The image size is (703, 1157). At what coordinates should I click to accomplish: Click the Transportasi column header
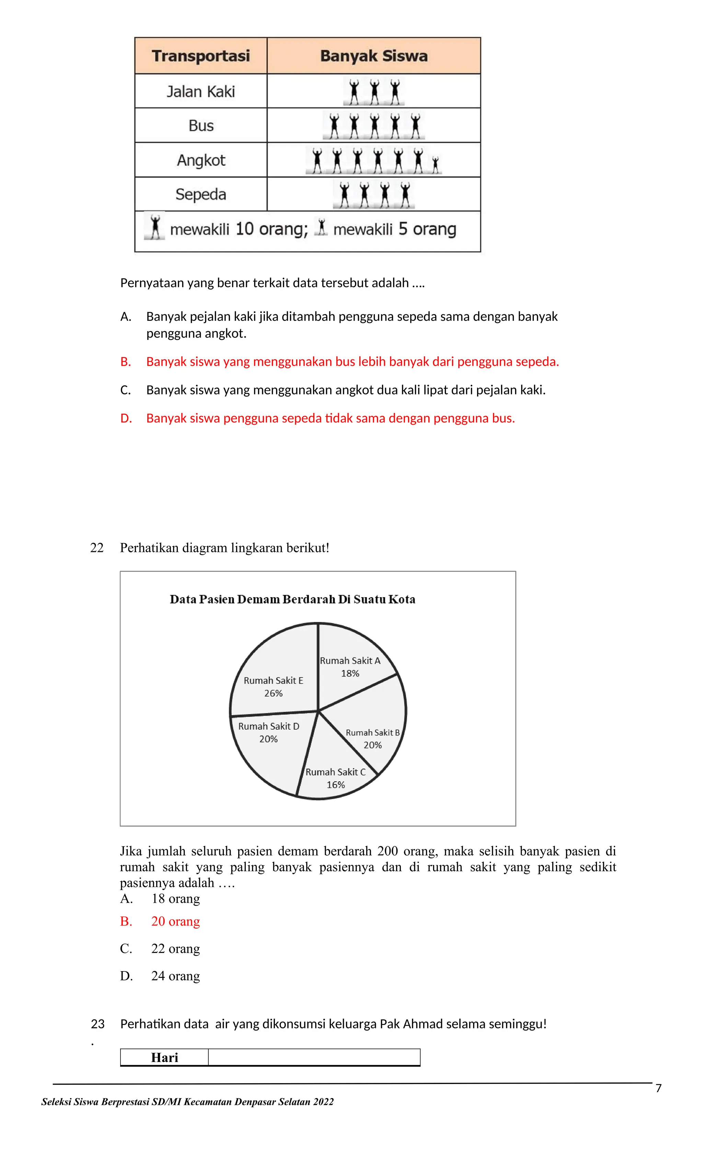point(201,56)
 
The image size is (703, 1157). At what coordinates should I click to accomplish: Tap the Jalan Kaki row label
point(201,91)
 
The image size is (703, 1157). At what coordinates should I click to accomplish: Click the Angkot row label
point(201,160)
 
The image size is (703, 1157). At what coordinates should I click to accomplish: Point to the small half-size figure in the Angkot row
point(436,165)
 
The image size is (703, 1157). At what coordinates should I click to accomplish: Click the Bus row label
point(201,126)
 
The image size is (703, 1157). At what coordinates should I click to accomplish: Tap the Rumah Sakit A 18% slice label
point(350,667)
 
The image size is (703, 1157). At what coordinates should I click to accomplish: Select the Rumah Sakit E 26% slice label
point(274,686)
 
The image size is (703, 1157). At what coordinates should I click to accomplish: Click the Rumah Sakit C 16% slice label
point(335,778)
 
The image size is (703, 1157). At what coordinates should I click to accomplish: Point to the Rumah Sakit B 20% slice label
point(373,739)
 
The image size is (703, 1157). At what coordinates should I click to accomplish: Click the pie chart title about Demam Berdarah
point(292,599)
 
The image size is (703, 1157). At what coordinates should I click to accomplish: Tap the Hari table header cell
point(164,1058)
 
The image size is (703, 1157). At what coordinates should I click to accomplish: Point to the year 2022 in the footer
point(323,1101)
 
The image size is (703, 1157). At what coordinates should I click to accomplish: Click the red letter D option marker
point(126,418)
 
